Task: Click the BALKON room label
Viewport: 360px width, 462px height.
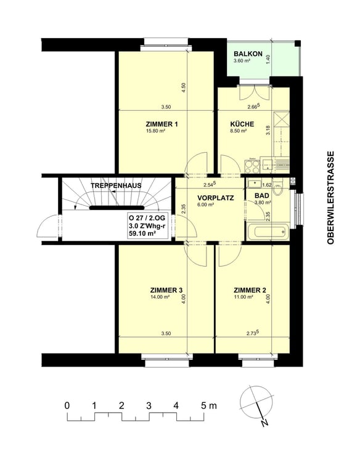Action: coord(248,54)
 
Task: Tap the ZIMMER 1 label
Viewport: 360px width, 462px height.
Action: coord(162,124)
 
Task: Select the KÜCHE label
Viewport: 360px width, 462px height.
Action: coord(242,124)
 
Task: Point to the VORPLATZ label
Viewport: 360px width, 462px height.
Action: coord(216,198)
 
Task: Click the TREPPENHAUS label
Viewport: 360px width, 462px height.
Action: coord(116,185)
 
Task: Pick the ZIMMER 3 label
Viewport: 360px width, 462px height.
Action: coord(166,291)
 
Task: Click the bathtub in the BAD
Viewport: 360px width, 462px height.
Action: coord(268,232)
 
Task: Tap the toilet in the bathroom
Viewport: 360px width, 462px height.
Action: coord(278,188)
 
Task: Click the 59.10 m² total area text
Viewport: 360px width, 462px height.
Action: coord(142,233)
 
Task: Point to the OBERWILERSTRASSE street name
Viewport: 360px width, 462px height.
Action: coord(330,198)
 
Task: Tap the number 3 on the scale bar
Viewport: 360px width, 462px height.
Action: coord(149,406)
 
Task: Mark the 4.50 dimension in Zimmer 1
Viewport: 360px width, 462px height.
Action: coord(184,87)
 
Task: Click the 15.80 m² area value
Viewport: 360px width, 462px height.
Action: coord(155,131)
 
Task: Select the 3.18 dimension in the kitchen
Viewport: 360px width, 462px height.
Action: coord(268,130)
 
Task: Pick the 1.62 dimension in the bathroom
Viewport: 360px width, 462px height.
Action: coord(266,185)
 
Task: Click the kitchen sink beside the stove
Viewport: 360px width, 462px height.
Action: coord(268,164)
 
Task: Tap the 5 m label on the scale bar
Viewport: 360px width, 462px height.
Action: coord(209,406)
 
